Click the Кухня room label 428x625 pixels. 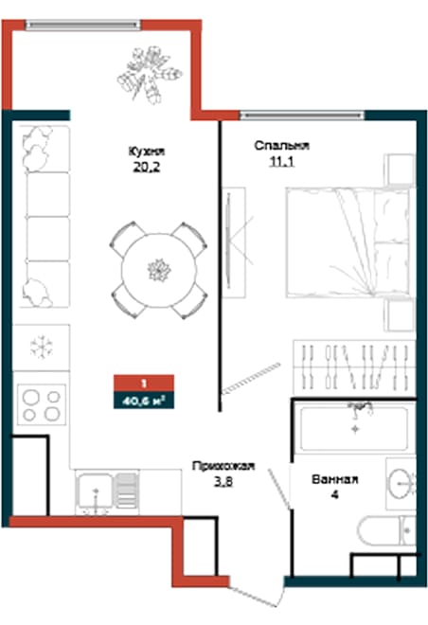148,151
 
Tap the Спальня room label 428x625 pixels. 281,146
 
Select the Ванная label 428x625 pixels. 334,480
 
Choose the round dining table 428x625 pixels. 157,268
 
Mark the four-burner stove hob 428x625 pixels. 43,404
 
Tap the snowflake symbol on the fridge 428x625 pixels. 41,347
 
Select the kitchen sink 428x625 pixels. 98,491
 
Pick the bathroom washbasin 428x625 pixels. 401,482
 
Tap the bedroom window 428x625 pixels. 301,115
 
